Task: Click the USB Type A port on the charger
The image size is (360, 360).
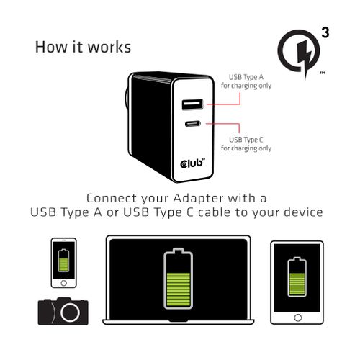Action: pyautogui.click(x=192, y=104)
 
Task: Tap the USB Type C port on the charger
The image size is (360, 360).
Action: pyautogui.click(x=193, y=124)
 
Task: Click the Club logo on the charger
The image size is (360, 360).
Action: pyautogui.click(x=192, y=163)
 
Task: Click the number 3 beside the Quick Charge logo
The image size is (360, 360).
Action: pyautogui.click(x=325, y=32)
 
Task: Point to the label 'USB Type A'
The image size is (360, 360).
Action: pyautogui.click(x=246, y=77)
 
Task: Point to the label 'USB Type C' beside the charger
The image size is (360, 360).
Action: pyautogui.click(x=246, y=140)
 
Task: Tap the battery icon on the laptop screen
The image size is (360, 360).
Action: pyautogui.click(x=179, y=279)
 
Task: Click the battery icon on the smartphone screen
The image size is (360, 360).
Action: pyautogui.click(x=63, y=261)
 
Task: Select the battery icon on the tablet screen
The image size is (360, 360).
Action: pyautogui.click(x=297, y=276)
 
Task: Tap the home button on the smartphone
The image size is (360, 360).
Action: pyautogui.click(x=63, y=283)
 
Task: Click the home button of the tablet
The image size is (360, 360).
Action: pyautogui.click(x=297, y=318)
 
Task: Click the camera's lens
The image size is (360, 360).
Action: pyautogui.click(x=70, y=312)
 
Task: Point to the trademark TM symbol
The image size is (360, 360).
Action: pyautogui.click(x=323, y=73)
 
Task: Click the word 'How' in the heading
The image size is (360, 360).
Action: pyautogui.click(x=51, y=47)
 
